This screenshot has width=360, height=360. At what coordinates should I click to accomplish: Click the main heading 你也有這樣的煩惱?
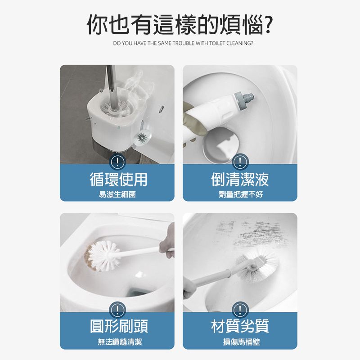(180, 25)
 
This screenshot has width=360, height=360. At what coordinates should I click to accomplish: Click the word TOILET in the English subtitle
(218, 43)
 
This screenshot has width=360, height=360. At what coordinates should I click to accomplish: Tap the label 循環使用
(118, 179)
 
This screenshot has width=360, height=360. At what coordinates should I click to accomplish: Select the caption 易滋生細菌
(117, 194)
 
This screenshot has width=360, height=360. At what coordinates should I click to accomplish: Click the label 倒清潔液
(240, 179)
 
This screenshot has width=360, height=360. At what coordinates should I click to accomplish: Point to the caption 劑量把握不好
(240, 194)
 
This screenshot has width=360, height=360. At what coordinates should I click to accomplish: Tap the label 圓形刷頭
(119, 326)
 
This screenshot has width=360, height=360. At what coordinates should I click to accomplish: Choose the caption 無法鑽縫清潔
(120, 342)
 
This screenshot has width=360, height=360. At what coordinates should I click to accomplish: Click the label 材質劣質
(240, 326)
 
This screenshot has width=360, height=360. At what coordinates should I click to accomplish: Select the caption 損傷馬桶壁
(242, 342)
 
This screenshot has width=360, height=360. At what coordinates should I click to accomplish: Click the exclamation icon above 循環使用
(117, 162)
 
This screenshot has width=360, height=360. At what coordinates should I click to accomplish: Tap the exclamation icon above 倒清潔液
(240, 162)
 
